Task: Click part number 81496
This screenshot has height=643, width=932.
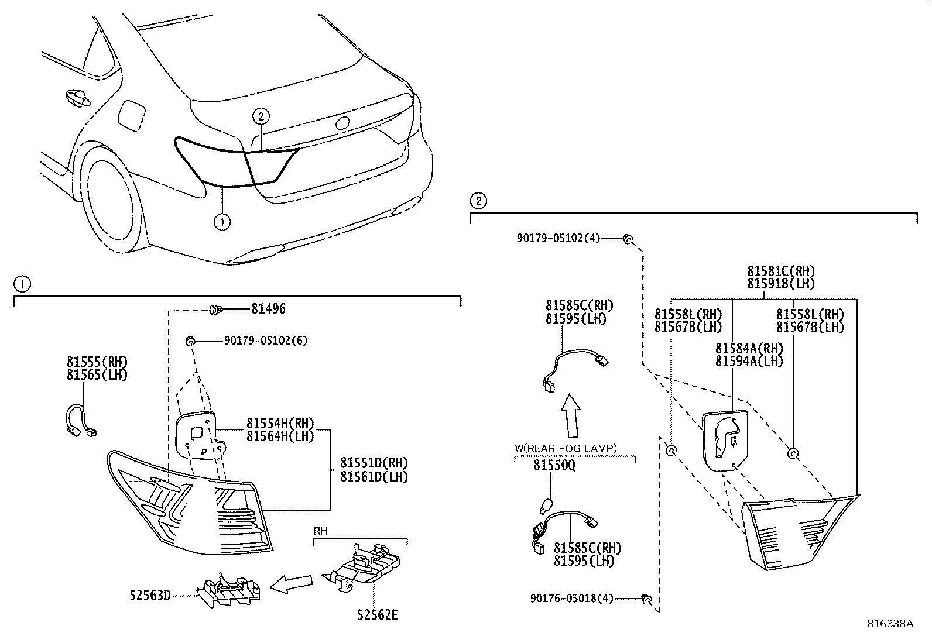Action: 268,308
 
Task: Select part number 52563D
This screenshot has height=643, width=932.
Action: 150,595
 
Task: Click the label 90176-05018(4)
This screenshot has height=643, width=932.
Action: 572,598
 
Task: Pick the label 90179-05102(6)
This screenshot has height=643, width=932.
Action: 265,341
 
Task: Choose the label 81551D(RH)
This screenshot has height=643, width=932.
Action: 374,463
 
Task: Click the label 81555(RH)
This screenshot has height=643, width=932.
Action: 97,362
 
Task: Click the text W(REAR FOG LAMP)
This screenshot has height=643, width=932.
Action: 566,448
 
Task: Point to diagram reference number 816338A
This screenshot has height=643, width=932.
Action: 890,623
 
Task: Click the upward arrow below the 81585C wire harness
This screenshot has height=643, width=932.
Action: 571,415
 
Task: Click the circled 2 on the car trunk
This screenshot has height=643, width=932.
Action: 261,116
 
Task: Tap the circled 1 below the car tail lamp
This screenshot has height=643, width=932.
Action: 222,222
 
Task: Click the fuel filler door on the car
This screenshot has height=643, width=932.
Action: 130,116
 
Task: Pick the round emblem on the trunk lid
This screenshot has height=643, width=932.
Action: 342,123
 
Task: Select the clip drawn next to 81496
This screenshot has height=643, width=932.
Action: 214,308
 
